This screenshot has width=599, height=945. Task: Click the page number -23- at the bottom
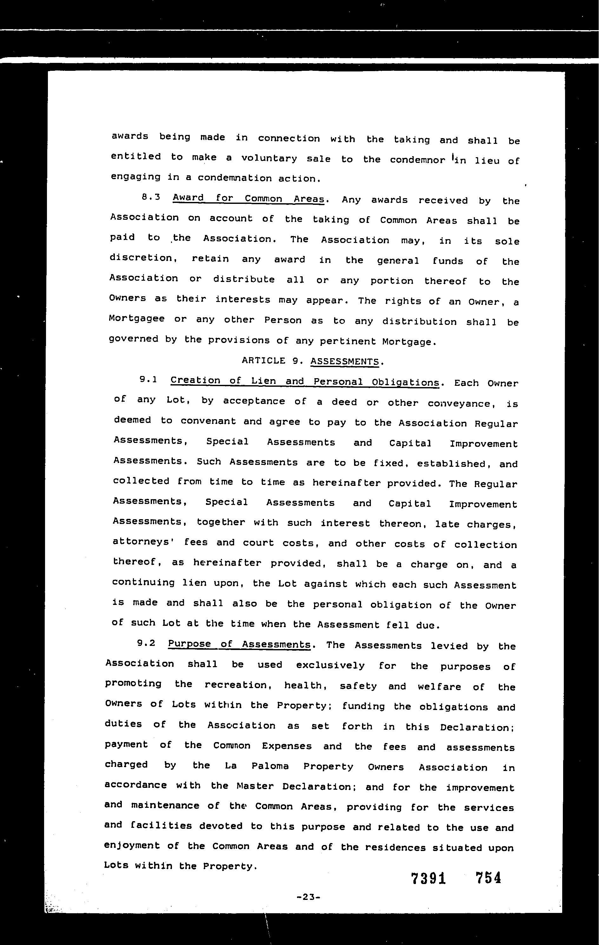click(309, 897)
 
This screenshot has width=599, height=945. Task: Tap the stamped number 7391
click(429, 878)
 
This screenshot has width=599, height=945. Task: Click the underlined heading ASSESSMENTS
click(345, 361)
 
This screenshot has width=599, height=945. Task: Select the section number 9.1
click(148, 379)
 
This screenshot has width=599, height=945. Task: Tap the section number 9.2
click(146, 643)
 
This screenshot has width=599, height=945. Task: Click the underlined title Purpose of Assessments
click(239, 644)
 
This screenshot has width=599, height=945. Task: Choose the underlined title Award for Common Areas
click(248, 198)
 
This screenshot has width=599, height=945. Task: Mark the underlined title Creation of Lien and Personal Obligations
click(305, 381)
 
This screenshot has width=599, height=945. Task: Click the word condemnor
click(417, 160)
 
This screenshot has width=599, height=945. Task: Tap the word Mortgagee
click(136, 319)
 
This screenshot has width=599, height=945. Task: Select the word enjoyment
click(132, 845)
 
